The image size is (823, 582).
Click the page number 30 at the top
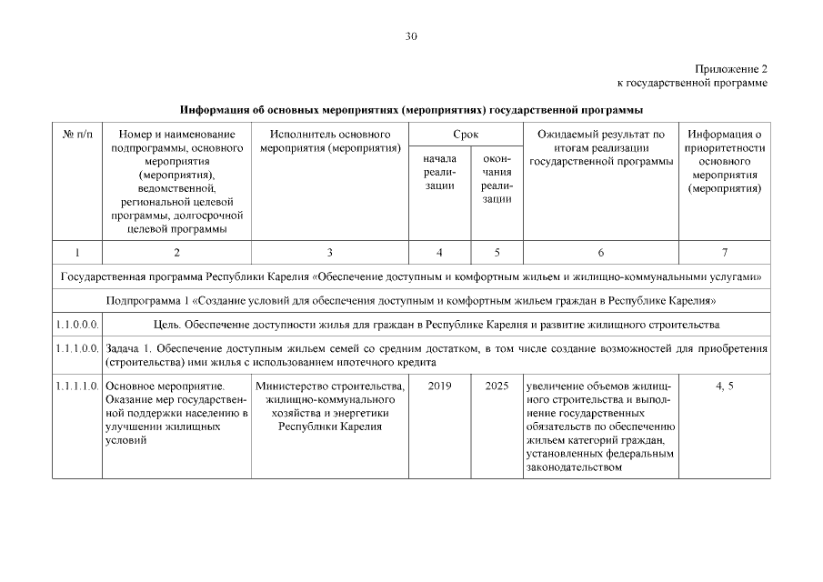click(411, 37)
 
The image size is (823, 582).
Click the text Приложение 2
click(731, 69)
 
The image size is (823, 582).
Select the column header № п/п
click(76, 134)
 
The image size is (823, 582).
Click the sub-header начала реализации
click(440, 172)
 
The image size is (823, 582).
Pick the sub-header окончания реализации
click(497, 178)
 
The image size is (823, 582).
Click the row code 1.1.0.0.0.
click(76, 324)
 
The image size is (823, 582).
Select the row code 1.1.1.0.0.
click(76, 348)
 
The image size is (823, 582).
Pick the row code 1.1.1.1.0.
click(76, 386)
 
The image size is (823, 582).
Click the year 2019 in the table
click(440, 386)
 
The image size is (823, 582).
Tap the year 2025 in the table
click(497, 386)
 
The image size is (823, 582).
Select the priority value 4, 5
click(725, 386)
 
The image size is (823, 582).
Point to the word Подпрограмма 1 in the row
click(146, 300)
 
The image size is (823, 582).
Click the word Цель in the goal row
click(166, 324)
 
